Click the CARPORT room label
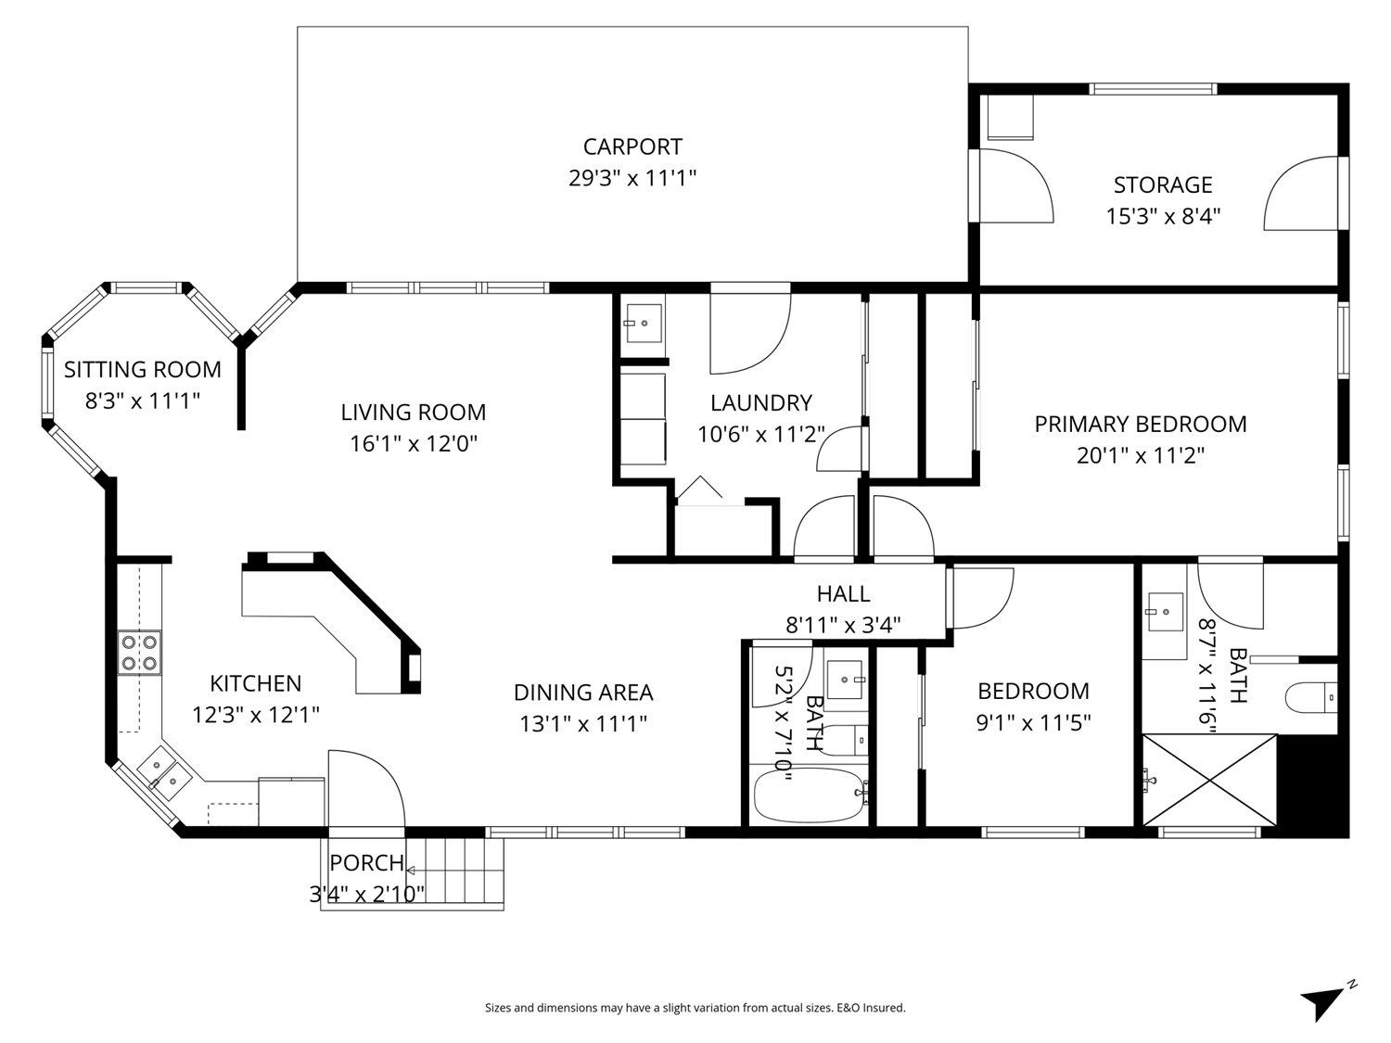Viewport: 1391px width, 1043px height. (x=632, y=146)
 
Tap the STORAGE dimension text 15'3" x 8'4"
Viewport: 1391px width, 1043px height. (x=1163, y=216)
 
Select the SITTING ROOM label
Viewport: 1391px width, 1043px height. (x=142, y=370)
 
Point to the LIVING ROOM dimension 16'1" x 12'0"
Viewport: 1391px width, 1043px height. (x=413, y=443)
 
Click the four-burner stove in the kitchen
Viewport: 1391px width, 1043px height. (x=139, y=652)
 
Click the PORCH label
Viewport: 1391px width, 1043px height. (x=366, y=863)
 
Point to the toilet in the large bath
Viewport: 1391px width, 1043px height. (x=1311, y=697)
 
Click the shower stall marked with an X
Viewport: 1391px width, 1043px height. (x=1209, y=779)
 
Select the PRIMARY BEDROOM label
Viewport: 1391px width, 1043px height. (x=1141, y=425)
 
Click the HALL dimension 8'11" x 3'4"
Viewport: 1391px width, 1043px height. (x=843, y=625)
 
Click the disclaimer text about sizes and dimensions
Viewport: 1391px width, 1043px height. (x=695, y=1008)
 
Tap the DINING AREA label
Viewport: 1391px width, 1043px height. (x=583, y=693)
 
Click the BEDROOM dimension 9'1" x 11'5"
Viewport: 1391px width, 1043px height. (x=1033, y=722)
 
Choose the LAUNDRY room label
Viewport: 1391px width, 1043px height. (x=760, y=403)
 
